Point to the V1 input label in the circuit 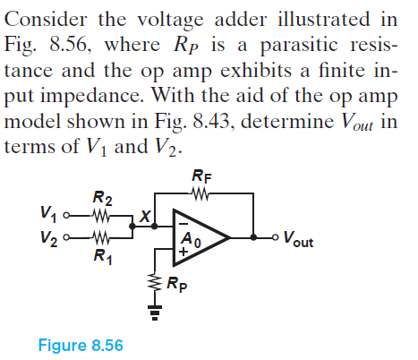(50, 215)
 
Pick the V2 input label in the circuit (50, 239)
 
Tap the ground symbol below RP (156, 313)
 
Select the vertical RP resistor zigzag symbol (156, 285)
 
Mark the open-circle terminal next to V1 (69, 215)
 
